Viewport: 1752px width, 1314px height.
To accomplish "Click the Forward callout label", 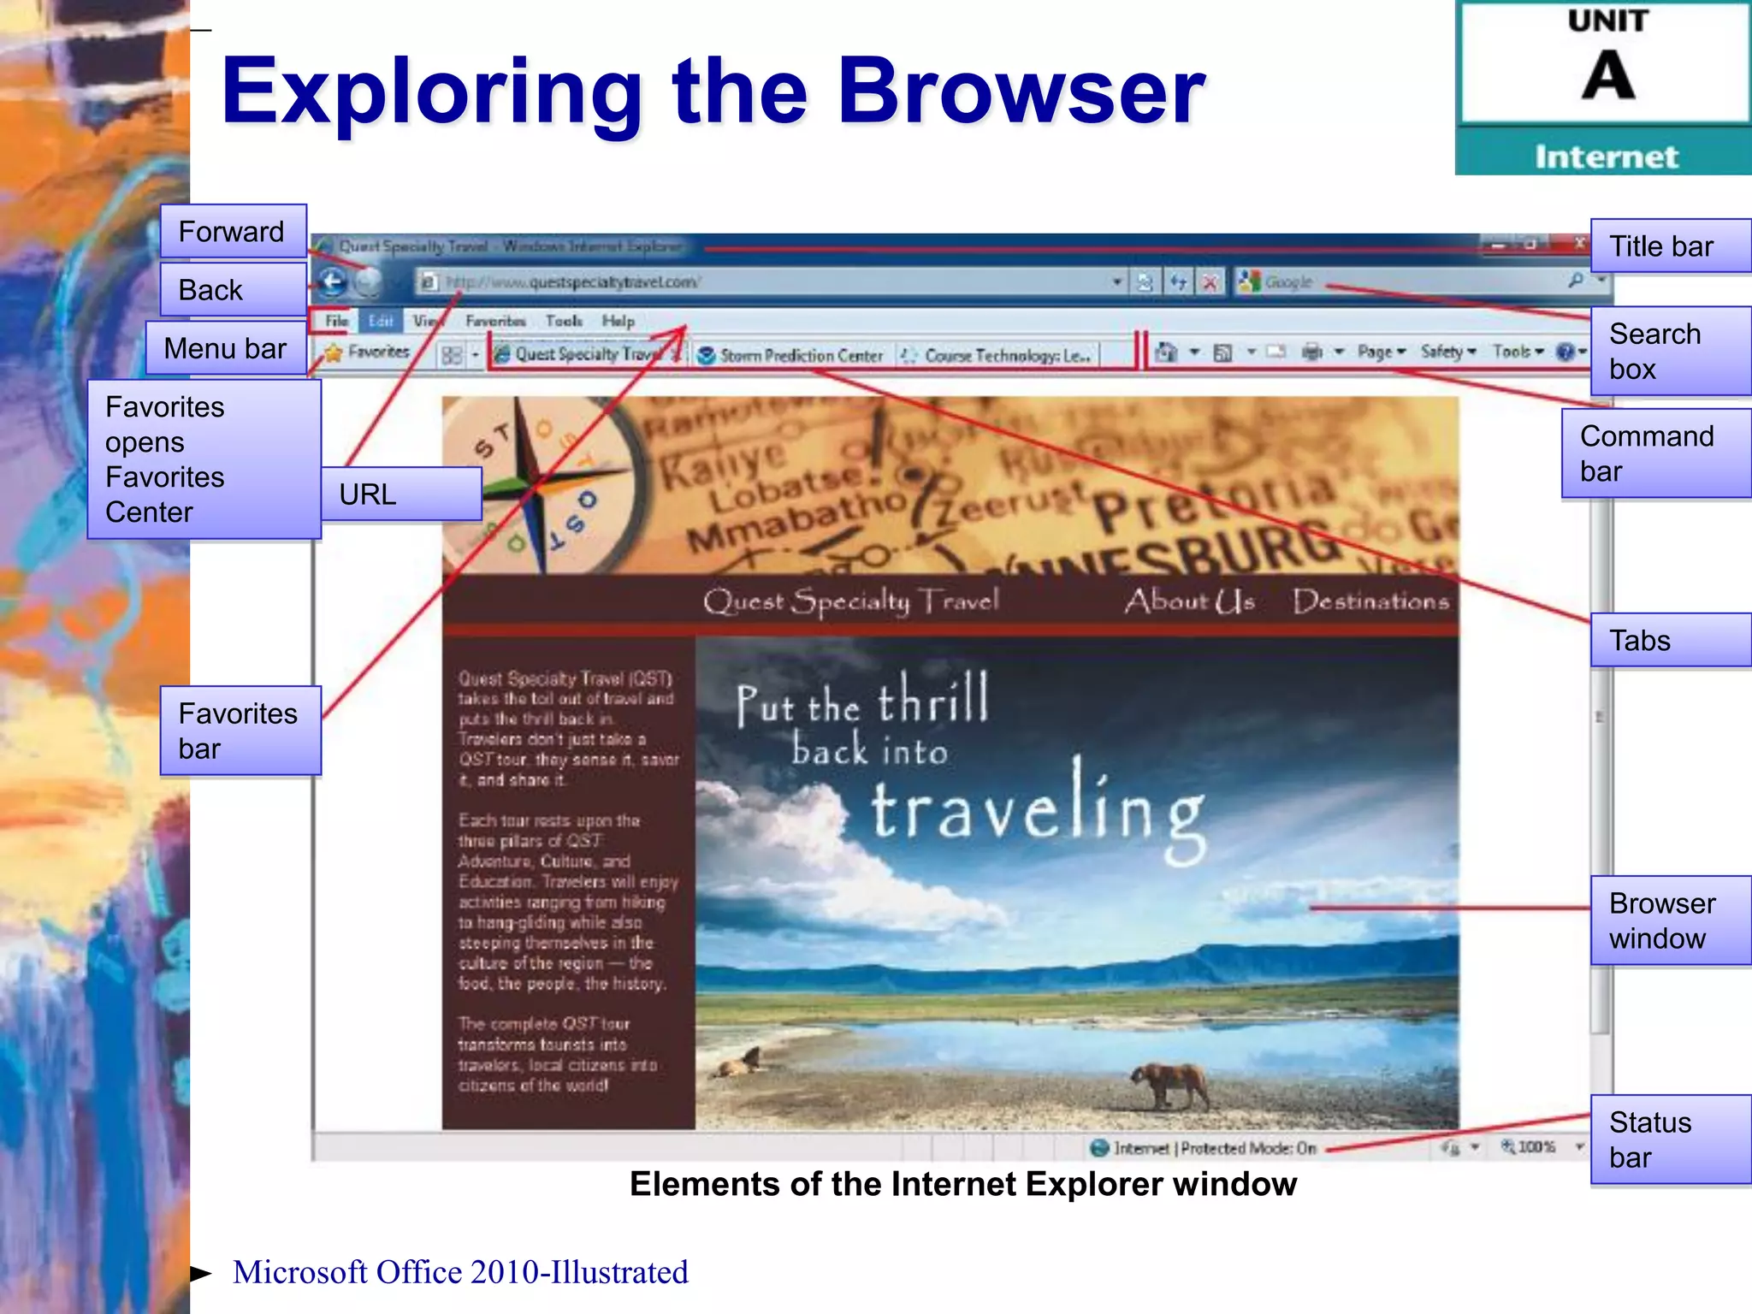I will click(x=233, y=231).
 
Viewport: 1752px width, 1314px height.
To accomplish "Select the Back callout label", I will click(x=233, y=289).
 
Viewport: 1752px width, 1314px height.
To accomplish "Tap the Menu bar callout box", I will click(x=226, y=348).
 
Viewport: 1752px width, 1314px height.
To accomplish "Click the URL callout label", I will click(x=400, y=494).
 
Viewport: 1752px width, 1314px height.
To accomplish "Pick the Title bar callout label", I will click(x=1670, y=246).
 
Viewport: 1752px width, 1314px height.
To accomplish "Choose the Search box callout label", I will click(x=1670, y=351).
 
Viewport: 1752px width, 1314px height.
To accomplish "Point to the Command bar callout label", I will click(x=1655, y=453).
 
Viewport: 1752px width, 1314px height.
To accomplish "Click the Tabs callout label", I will click(x=1670, y=640).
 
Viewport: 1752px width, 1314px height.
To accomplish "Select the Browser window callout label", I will click(x=1670, y=920).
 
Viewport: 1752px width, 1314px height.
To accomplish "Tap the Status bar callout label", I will click(x=1670, y=1139).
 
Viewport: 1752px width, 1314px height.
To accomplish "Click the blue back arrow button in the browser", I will click(x=333, y=281).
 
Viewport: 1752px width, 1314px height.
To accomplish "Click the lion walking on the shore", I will click(x=1169, y=1085).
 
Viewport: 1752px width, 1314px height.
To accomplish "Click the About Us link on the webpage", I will click(x=1189, y=601).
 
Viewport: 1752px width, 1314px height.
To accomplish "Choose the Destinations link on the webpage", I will click(x=1370, y=601).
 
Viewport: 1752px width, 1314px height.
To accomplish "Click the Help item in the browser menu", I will click(x=618, y=321).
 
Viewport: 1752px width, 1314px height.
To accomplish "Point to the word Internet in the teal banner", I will click(x=1606, y=157).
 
